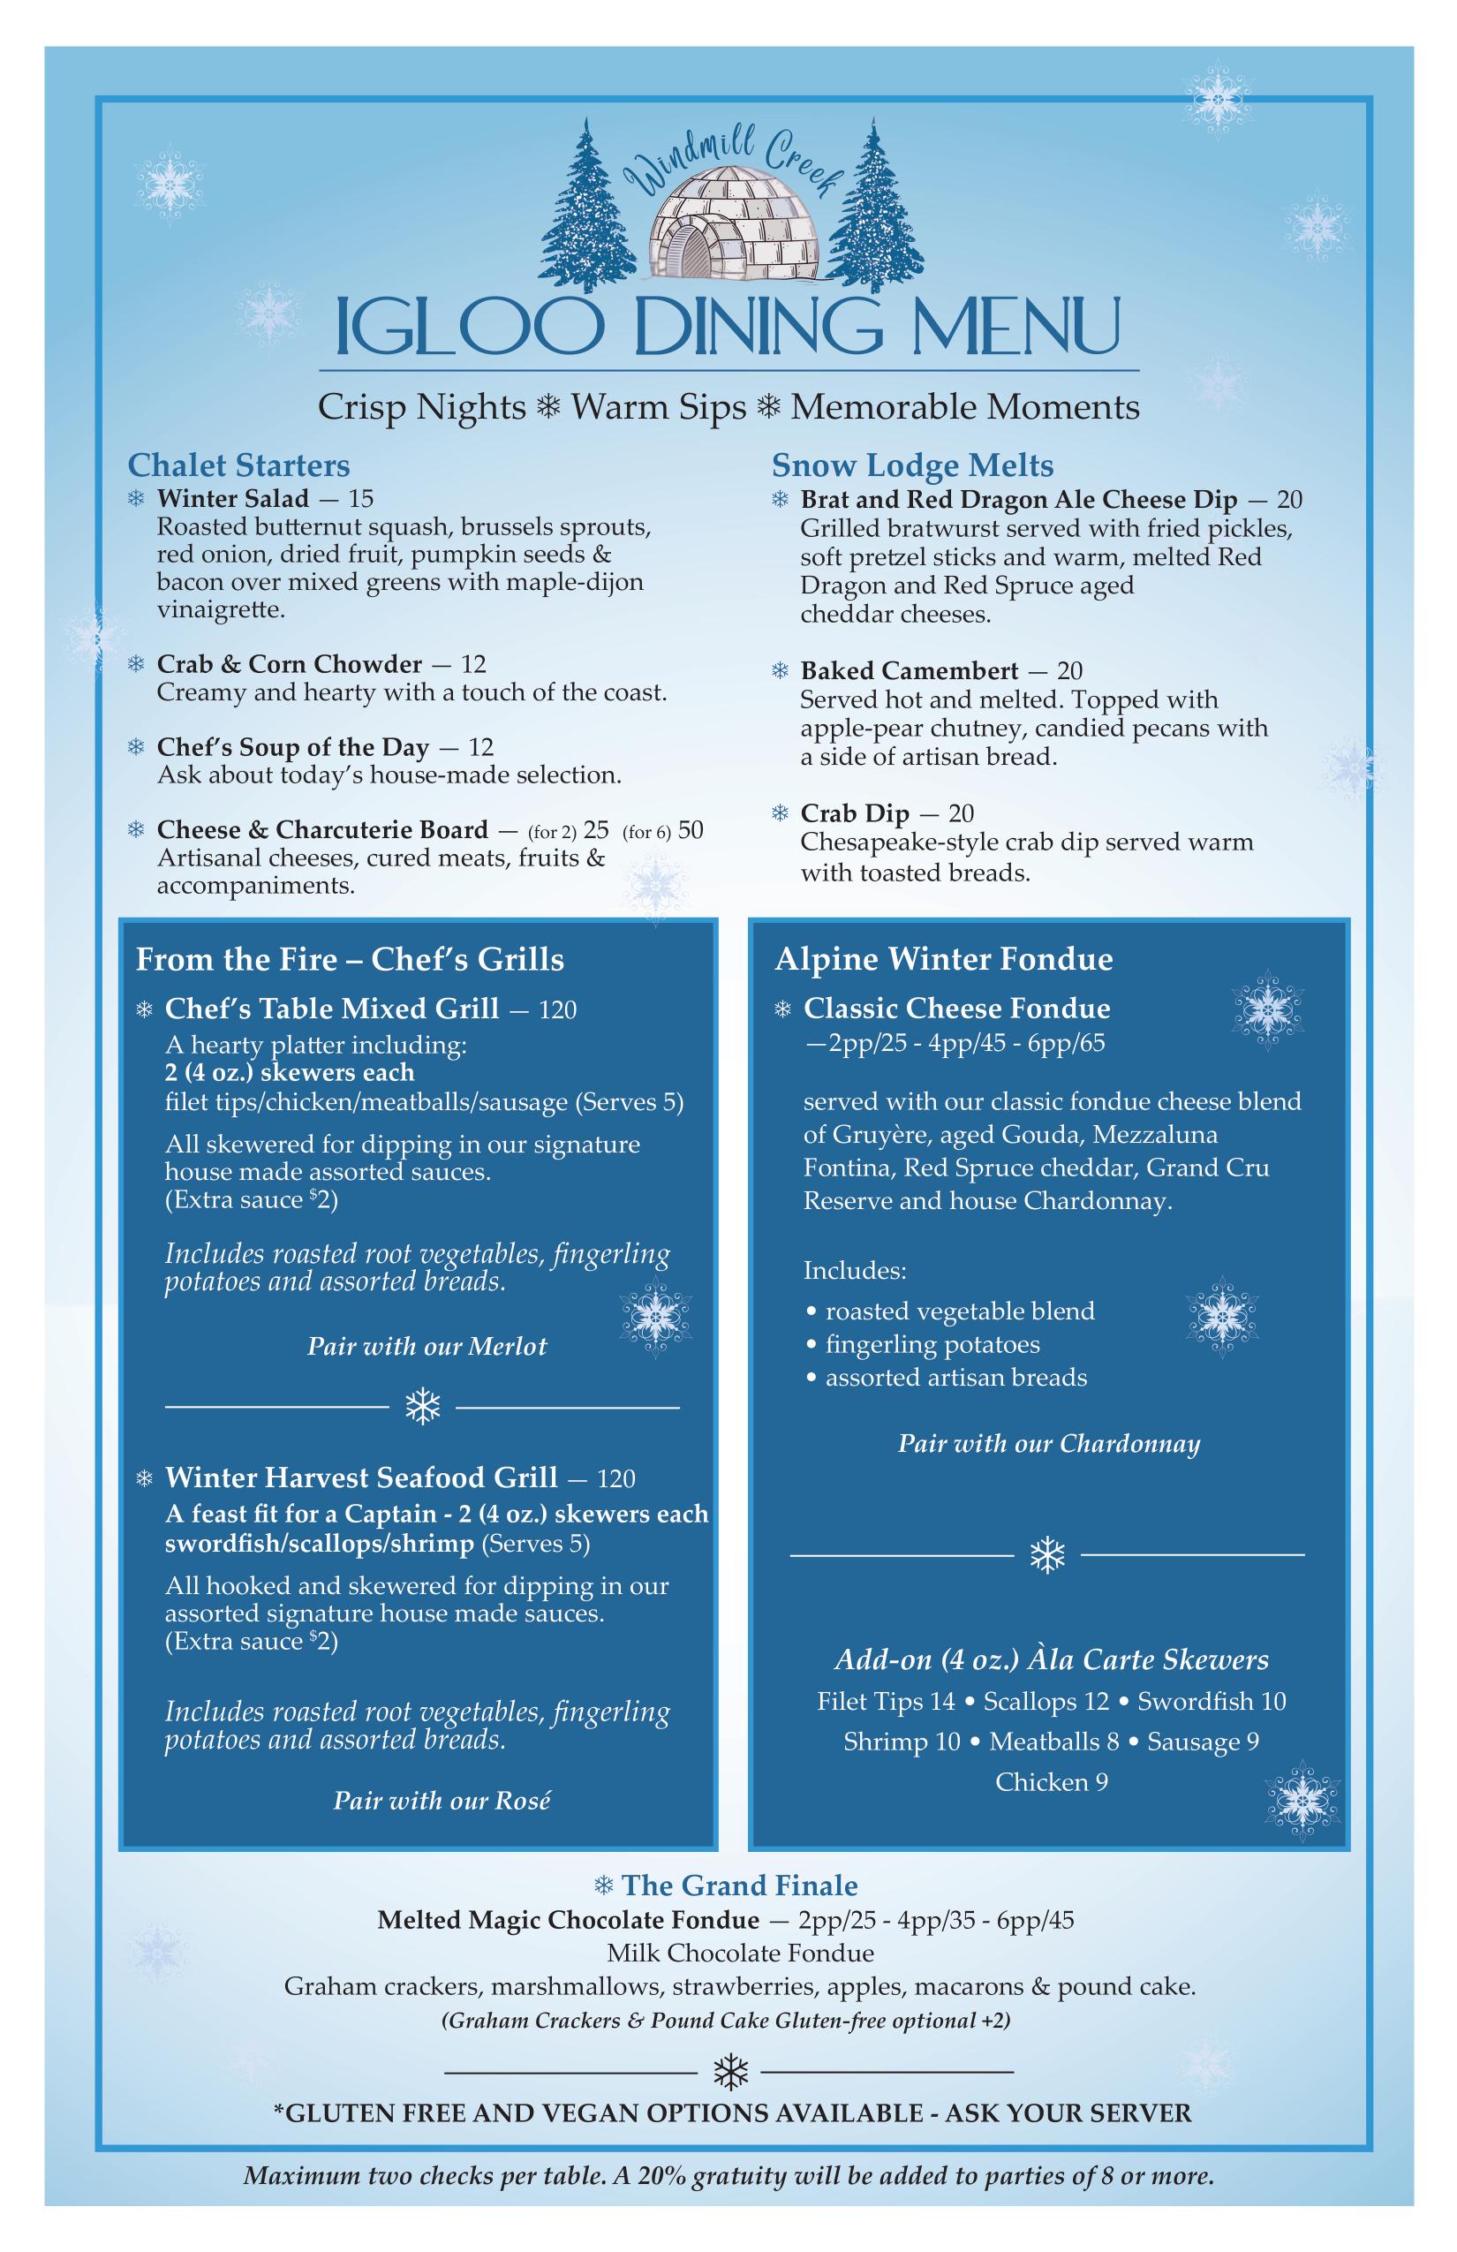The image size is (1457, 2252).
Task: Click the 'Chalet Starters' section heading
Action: coord(238,465)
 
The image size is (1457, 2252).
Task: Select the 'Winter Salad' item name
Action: coord(233,498)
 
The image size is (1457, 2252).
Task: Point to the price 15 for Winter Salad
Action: coord(361,498)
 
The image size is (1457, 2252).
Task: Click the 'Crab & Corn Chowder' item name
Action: coord(290,663)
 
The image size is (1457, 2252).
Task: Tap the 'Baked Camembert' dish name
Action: coord(910,671)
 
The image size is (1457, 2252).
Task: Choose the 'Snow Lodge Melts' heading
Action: coord(912,465)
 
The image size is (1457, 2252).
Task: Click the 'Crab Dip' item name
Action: coord(855,813)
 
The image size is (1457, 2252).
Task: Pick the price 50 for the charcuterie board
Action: coord(691,830)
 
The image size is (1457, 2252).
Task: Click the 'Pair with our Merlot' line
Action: coord(427,1347)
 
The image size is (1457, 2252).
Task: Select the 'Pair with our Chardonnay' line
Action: coord(1048,1443)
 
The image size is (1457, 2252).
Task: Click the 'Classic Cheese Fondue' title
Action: coord(956,1009)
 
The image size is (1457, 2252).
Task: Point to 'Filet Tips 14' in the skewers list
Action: coord(886,1701)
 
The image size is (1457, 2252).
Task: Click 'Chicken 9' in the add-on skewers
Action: coord(1051,1782)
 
